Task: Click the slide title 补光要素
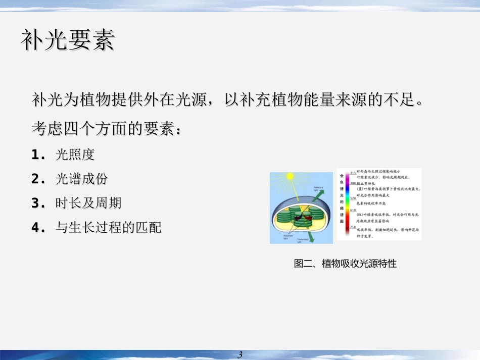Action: pyautogui.click(x=68, y=40)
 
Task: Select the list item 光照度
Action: pyautogui.click(x=75, y=155)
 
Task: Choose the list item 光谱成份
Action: pyautogui.click(x=81, y=179)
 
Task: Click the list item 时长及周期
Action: pyautogui.click(x=88, y=203)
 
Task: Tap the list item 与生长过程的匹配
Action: pyautogui.click(x=108, y=228)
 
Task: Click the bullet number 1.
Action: pyautogui.click(x=36, y=155)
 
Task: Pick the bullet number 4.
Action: pyautogui.click(x=36, y=228)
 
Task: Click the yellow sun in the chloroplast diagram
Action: pyautogui.click(x=290, y=177)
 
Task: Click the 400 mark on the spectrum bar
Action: pyautogui.click(x=353, y=183)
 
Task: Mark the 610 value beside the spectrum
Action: pyautogui.click(x=353, y=210)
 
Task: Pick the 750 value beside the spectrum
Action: pyautogui.click(x=353, y=228)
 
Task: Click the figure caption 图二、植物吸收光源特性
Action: pyautogui.click(x=345, y=263)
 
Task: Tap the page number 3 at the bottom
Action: pyautogui.click(x=240, y=354)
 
